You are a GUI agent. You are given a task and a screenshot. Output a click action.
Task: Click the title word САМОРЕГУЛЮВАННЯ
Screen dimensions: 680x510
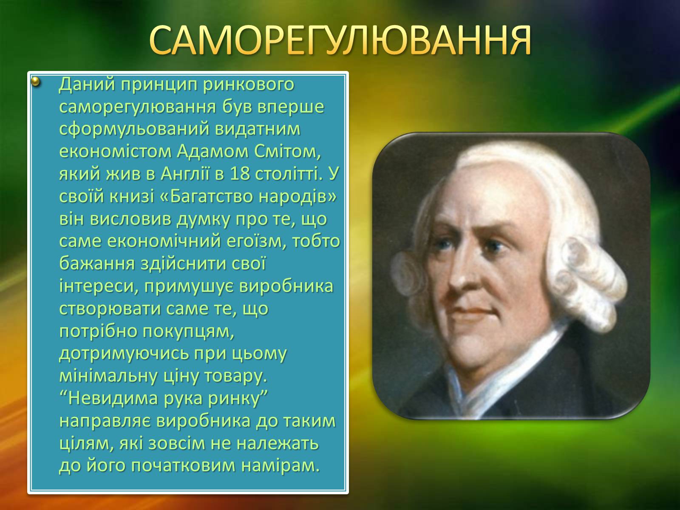(x=340, y=40)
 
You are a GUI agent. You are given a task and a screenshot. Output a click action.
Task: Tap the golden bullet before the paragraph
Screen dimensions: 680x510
(x=36, y=82)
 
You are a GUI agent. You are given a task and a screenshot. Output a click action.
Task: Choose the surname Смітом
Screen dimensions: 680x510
(x=287, y=152)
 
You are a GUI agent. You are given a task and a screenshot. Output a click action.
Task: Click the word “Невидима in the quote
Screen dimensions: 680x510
(x=108, y=399)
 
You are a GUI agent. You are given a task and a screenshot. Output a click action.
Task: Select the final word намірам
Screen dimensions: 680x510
(x=280, y=466)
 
